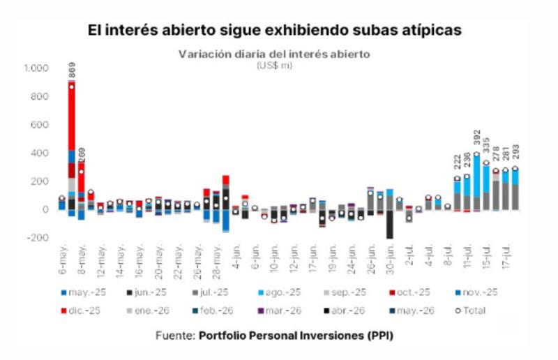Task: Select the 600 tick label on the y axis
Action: point(40,124)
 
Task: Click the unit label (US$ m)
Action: point(274,66)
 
